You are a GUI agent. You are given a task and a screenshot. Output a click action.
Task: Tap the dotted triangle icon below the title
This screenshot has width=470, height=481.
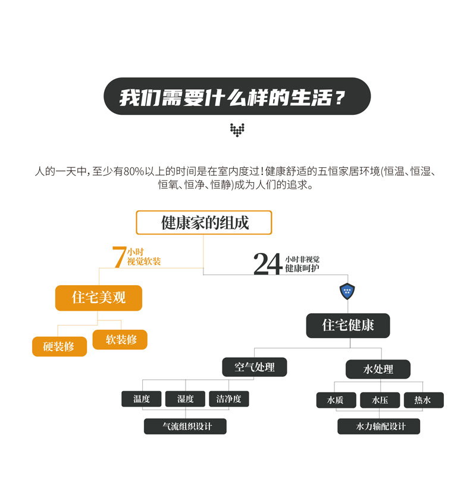237,130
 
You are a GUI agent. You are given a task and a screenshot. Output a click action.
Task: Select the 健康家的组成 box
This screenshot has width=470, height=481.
204,223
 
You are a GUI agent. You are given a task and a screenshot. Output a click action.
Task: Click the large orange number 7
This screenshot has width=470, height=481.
119,257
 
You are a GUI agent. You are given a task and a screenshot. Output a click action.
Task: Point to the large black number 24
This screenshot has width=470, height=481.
268,264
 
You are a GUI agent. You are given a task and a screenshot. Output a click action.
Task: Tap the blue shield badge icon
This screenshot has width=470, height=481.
347,291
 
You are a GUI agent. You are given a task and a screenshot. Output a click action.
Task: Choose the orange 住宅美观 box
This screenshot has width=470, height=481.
99,298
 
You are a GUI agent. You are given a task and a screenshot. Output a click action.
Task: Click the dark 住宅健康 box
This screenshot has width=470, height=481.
348,326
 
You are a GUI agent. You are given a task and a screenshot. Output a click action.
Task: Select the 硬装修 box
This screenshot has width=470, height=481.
59,346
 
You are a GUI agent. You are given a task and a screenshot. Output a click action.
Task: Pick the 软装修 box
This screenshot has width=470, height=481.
120,339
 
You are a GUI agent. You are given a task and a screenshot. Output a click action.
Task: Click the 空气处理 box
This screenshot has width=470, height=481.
255,367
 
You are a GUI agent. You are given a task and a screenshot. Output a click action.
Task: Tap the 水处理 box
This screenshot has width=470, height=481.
378,369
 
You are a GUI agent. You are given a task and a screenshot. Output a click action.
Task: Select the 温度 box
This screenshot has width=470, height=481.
142,399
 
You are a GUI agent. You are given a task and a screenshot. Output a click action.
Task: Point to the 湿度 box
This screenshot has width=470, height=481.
185,399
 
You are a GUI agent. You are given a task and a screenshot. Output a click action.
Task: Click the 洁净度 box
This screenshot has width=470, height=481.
228,399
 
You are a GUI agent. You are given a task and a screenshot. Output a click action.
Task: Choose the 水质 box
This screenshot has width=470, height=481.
336,400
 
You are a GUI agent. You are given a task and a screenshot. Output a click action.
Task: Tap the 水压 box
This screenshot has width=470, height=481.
380,400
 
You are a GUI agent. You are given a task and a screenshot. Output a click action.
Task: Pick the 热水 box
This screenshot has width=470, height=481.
423,400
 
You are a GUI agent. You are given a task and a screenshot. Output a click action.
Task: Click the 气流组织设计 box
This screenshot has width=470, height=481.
186,426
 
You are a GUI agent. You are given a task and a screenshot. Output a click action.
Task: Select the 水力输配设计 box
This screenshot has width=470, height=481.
379,426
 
